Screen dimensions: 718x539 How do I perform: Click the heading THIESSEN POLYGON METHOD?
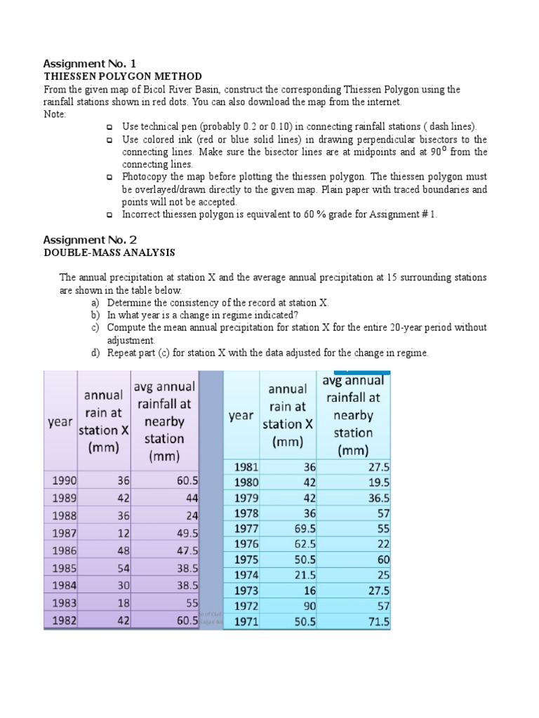(123, 76)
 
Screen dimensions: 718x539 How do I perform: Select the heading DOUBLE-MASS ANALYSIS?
(109, 252)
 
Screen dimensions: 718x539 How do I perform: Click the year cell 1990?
(64, 480)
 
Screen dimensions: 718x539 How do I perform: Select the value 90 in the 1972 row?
(309, 606)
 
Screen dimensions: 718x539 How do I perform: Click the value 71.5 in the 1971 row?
(375, 621)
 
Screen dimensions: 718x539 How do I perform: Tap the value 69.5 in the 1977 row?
(302, 529)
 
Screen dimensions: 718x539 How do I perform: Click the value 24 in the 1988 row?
(191, 515)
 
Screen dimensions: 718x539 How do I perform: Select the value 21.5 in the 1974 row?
(302, 575)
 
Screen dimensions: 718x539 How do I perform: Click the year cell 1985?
(64, 568)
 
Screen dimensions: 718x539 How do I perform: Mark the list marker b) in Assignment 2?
(95, 315)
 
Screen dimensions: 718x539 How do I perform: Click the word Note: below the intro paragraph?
(55, 114)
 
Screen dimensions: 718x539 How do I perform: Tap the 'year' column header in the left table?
(60, 421)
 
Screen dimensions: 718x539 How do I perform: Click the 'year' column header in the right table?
(241, 416)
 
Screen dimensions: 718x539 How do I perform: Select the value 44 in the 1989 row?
(191, 498)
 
